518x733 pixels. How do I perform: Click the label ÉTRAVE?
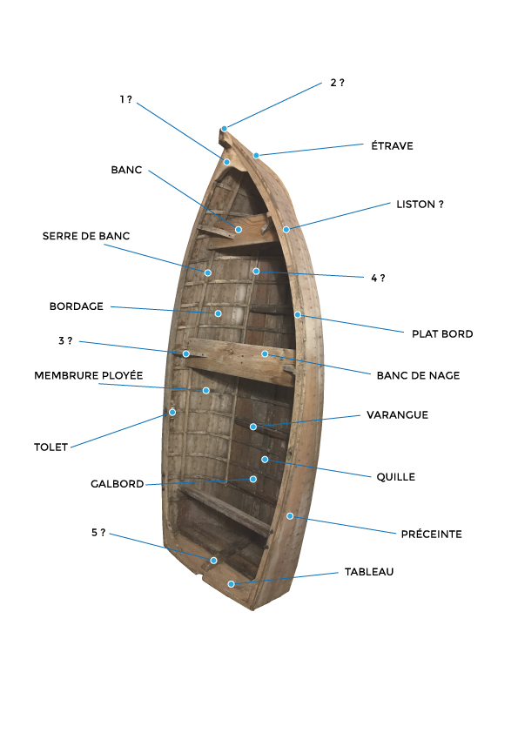click(x=392, y=145)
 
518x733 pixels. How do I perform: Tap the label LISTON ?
click(x=420, y=205)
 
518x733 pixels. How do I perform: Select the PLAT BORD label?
click(x=442, y=333)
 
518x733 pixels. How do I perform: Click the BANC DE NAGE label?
click(x=418, y=375)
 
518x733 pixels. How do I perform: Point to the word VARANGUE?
click(x=397, y=414)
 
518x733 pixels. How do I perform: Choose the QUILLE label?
click(x=395, y=477)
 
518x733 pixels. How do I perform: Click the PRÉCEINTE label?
click(x=431, y=534)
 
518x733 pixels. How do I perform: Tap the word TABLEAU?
click(x=369, y=572)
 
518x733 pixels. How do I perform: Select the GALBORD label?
click(x=117, y=484)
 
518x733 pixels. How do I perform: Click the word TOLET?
click(x=51, y=447)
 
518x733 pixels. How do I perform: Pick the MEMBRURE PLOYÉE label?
click(x=88, y=375)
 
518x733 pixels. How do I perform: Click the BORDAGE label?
click(x=77, y=306)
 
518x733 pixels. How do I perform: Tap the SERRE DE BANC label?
click(x=86, y=236)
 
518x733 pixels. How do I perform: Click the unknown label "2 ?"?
click(x=337, y=83)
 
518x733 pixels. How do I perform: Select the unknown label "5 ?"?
click(x=98, y=533)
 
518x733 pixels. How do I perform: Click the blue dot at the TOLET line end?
click(x=172, y=413)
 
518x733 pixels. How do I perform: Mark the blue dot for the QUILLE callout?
click(x=265, y=460)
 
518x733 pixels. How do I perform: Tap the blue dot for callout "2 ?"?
click(x=225, y=129)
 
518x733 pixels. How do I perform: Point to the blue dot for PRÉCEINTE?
click(x=290, y=516)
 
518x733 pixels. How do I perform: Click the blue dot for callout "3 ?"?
click(x=186, y=354)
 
